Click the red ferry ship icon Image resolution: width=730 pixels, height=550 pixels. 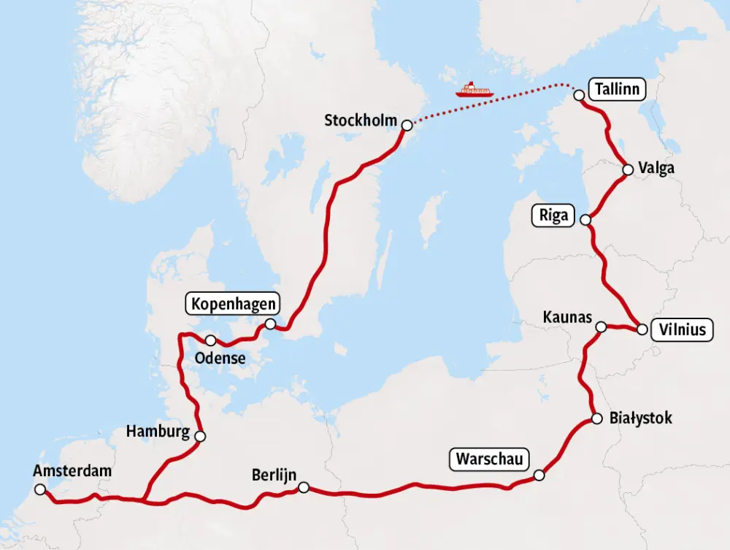pos(474,90)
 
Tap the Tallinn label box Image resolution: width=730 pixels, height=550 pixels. pos(617,90)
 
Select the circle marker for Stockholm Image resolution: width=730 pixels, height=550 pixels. pos(407,125)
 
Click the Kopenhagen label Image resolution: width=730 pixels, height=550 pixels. pos(234,304)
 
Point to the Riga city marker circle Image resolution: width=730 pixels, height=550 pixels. pos(585,218)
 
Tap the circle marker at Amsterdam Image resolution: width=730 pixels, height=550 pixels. pos(39,489)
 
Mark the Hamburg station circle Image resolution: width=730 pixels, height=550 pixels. pos(200,436)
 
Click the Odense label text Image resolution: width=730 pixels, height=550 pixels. pos(220,359)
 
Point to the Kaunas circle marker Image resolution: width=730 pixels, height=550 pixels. pos(601,327)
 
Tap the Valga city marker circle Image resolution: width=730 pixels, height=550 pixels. pos(628,170)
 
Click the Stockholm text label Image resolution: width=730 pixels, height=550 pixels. pos(361,121)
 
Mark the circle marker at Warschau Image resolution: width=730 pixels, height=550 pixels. pos(539,475)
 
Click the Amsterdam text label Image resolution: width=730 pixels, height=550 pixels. pos(72,471)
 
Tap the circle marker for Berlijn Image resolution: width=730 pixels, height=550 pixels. pos(304,487)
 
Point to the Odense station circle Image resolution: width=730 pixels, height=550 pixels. pos(210,340)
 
